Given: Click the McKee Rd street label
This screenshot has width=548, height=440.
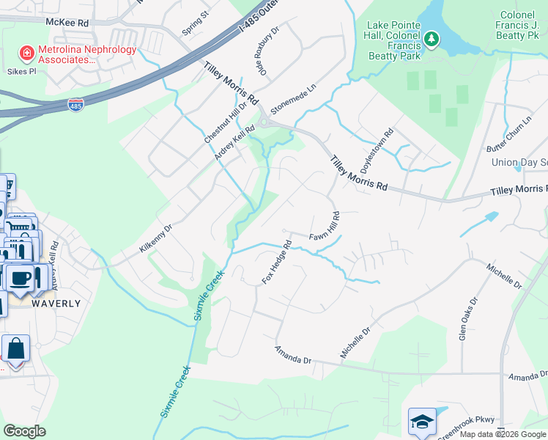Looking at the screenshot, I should (67, 22).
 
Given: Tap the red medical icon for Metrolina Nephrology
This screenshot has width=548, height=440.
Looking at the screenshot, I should (26, 52).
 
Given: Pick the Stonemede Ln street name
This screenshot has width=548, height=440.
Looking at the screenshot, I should (292, 108).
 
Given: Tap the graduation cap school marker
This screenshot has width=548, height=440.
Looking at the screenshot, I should (422, 421).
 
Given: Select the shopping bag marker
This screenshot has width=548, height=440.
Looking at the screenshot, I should (15, 348).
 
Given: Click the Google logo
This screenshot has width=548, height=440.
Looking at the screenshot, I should (24, 431).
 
